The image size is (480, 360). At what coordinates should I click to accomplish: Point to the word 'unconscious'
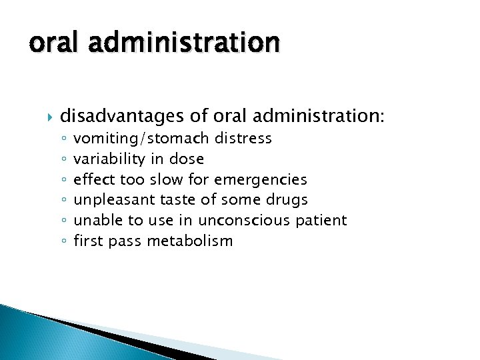pos(253,220)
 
